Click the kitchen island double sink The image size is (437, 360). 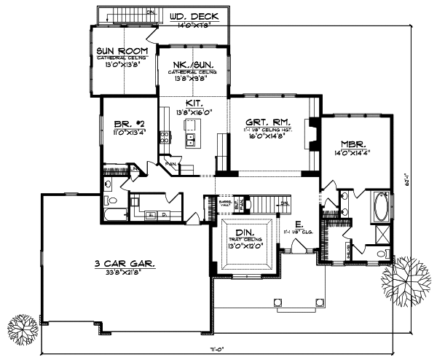coord(191,138)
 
